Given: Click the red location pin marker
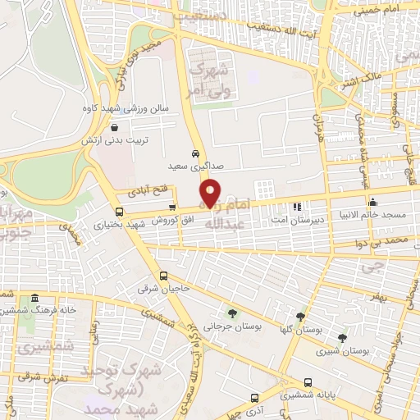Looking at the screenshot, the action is coord(212,192).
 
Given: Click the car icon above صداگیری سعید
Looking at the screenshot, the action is coord(195,153).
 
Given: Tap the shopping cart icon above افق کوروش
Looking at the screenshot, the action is coord(171,207).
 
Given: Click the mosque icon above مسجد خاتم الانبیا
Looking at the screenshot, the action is coord(373,203).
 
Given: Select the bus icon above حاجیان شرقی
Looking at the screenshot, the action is coord(163,276).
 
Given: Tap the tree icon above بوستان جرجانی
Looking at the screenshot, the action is coord(233,313).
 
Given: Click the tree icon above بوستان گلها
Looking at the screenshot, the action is coord(301,316).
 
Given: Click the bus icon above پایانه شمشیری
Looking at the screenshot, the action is coord(308,381).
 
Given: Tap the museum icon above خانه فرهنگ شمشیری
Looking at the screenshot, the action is coord(34,299).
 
